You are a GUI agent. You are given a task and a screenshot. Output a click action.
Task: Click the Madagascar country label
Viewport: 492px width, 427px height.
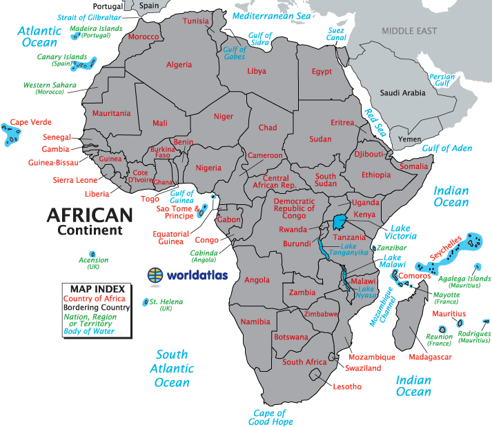pos(430,357)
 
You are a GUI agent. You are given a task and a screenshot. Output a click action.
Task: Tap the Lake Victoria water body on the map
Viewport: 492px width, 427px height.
pos(340,222)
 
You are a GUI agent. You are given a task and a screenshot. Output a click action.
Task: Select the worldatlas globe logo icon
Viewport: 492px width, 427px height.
pos(156,275)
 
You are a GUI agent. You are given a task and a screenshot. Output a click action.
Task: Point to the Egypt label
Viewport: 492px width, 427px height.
pos(322,72)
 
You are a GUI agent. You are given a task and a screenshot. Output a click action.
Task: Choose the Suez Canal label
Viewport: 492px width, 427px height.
pos(335,34)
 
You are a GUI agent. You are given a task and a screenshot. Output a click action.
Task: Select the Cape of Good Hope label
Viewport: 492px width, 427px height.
pos(271,417)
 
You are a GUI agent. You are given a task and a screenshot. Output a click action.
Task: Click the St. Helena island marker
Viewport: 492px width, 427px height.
pos(145,302)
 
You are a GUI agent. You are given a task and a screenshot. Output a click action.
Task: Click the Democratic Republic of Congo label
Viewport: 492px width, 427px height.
pos(294,208)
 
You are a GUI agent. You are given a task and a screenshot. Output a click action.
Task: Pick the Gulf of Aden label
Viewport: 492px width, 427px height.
pos(446,148)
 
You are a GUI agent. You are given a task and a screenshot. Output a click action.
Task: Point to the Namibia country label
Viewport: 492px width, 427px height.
pos(255,322)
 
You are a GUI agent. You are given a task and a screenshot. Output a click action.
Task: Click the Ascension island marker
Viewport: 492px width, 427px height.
pos(92,254)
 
